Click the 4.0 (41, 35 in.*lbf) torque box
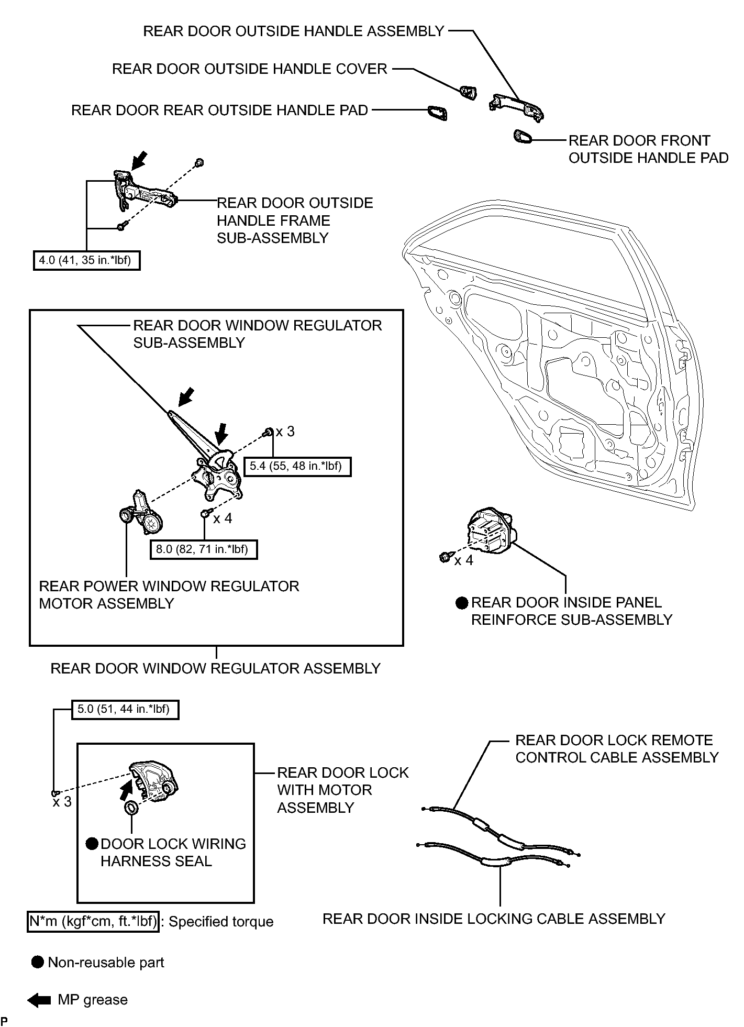(x=87, y=260)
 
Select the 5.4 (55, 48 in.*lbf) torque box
(x=297, y=466)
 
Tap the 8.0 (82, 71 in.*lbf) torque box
(x=204, y=549)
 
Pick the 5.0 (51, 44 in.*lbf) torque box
(x=125, y=710)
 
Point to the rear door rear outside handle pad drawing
(x=437, y=113)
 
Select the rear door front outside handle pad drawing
(x=523, y=137)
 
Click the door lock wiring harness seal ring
(x=132, y=808)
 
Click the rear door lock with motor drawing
(x=154, y=781)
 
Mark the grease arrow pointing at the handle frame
(x=139, y=161)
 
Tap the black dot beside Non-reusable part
(x=38, y=963)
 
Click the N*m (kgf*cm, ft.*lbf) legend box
(x=93, y=922)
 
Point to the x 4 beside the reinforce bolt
(x=463, y=560)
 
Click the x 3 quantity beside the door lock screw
(x=62, y=802)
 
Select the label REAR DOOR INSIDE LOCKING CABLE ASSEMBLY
(x=494, y=919)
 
